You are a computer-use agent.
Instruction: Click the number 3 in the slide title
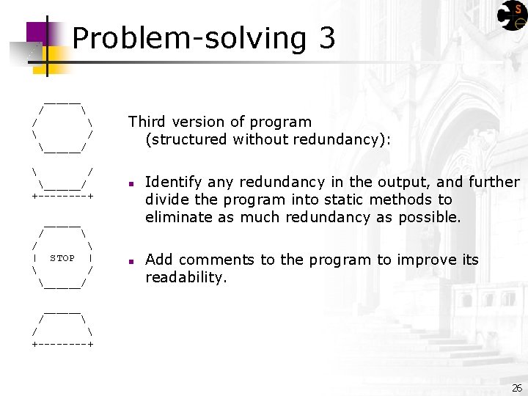tap(327, 38)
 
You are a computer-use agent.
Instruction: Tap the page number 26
tap(517, 387)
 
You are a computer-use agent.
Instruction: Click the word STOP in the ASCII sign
tap(62, 258)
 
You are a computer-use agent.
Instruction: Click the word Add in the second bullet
tap(158, 260)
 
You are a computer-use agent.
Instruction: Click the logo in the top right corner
tap(511, 15)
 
